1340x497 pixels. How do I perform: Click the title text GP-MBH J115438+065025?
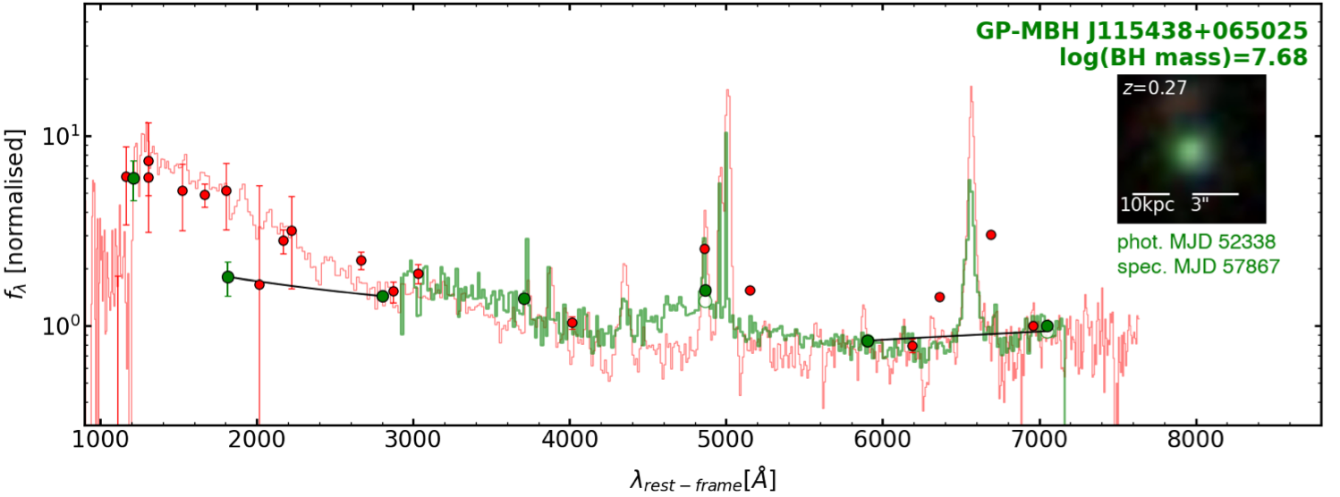pos(1141,31)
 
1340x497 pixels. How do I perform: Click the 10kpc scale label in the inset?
pos(1147,205)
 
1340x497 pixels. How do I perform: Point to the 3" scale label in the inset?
pos(1200,205)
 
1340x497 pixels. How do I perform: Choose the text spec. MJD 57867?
pos(1198,265)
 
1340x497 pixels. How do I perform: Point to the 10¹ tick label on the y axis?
pos(60,136)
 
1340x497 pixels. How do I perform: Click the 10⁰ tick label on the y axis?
pos(60,325)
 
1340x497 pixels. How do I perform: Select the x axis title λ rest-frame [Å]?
pos(702,479)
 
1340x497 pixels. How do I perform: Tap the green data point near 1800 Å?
pos(228,277)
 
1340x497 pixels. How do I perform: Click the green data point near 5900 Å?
pos(868,341)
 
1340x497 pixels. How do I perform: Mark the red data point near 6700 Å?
pos(991,234)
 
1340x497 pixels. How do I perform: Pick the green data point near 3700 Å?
pos(524,299)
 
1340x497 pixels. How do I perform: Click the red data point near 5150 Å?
pos(750,291)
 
